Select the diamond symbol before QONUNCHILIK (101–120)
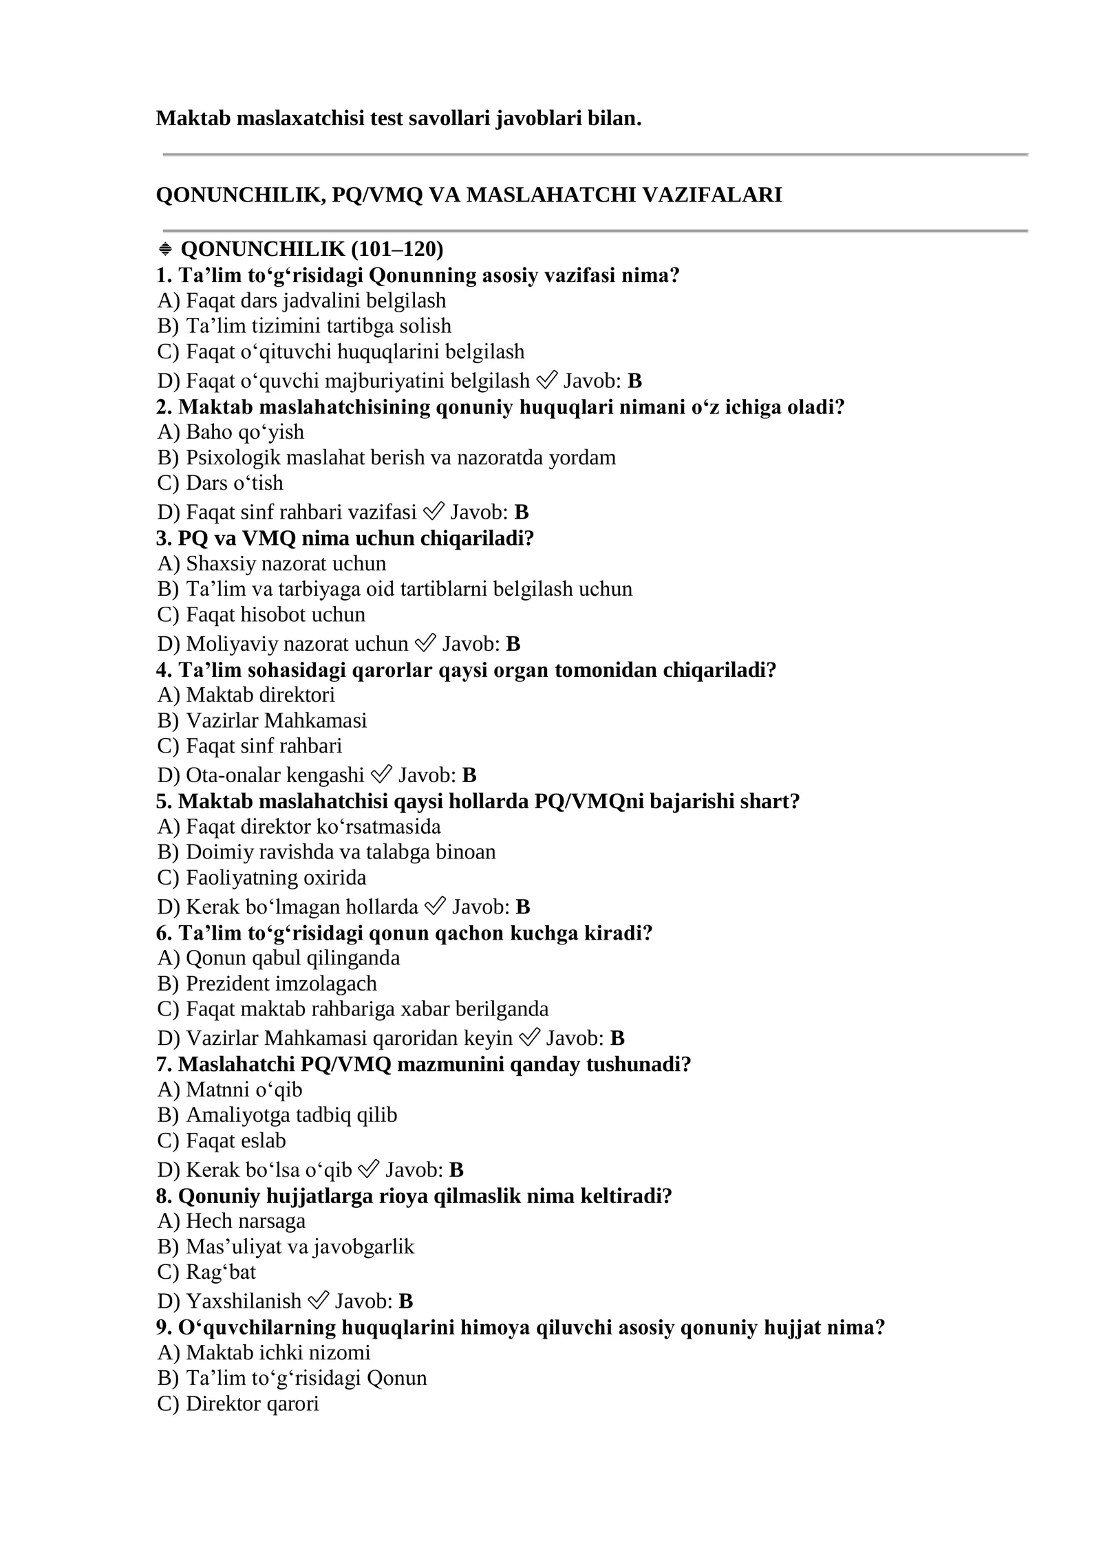165,248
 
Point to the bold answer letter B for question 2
522,512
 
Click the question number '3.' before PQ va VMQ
164,538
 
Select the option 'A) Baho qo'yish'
231,432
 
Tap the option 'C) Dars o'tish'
220,483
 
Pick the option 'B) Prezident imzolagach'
267,984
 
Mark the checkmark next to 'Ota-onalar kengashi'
381,775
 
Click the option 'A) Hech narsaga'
231,1221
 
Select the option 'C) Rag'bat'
206,1272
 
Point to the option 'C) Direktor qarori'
238,1403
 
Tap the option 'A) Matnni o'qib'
230,1090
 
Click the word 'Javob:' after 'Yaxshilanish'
363,1301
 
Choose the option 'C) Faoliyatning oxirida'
261,878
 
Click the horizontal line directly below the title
595,155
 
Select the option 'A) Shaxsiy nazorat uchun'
272,563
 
